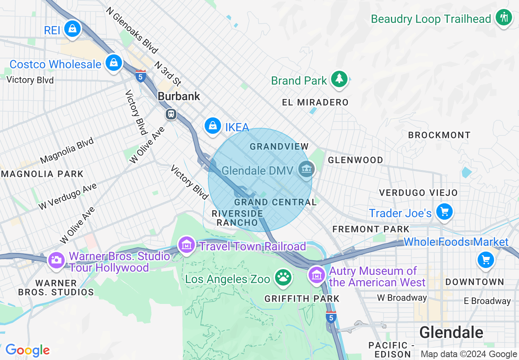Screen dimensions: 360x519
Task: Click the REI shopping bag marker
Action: [72, 29]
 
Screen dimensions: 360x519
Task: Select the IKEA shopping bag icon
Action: [213, 126]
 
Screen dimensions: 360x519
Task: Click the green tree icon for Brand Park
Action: [339, 79]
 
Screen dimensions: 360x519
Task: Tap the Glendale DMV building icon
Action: [307, 169]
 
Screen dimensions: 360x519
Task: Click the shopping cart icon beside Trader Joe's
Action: [444, 212]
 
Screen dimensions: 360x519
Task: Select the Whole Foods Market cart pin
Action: [485, 259]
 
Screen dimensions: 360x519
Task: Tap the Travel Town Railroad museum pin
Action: [187, 245]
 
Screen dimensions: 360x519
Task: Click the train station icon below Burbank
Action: [171, 114]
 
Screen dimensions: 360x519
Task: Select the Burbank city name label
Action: [179, 97]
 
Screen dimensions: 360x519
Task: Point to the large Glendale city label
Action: [451, 332]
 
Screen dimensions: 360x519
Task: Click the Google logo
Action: [27, 351]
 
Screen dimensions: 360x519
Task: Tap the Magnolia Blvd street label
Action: [67, 151]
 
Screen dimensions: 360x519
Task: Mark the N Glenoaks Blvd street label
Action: [131, 30]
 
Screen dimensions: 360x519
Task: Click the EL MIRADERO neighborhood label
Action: [315, 102]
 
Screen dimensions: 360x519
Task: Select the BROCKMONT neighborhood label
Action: [439, 135]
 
